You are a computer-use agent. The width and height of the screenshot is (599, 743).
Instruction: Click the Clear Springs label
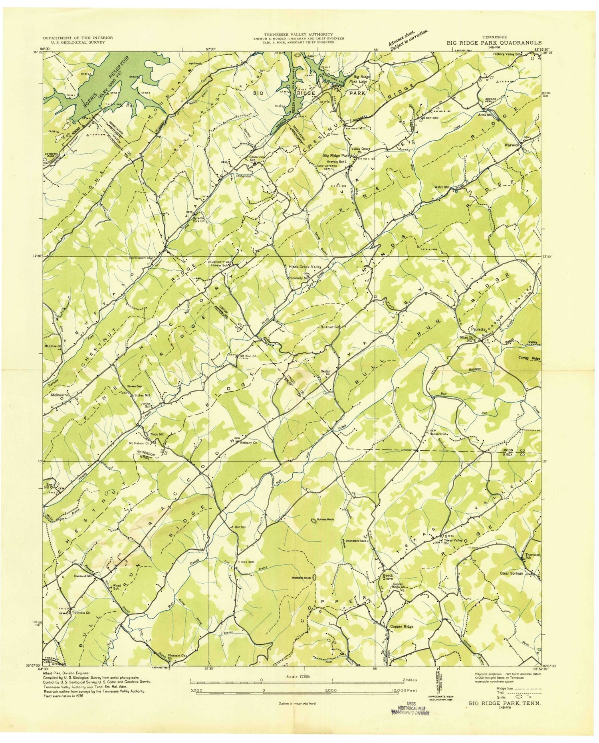pos(512,573)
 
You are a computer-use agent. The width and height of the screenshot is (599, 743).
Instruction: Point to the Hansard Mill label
pos(83,576)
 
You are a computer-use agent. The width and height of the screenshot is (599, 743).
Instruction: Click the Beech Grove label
pos(388,575)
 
